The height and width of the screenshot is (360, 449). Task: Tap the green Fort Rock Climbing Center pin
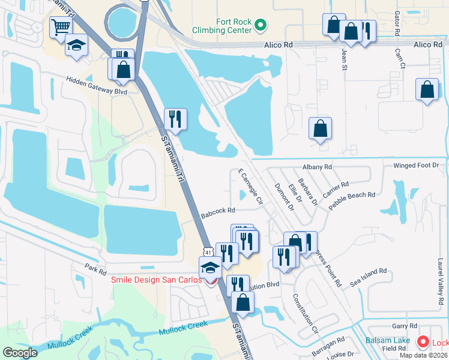point(260,25)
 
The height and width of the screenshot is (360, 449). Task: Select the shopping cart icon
point(61,26)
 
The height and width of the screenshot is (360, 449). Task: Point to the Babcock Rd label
point(217,211)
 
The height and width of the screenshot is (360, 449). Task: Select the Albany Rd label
point(318,167)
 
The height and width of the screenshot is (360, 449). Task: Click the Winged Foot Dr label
point(416,165)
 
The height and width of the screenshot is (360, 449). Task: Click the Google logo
point(20,352)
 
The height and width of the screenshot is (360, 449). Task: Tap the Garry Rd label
point(400,326)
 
